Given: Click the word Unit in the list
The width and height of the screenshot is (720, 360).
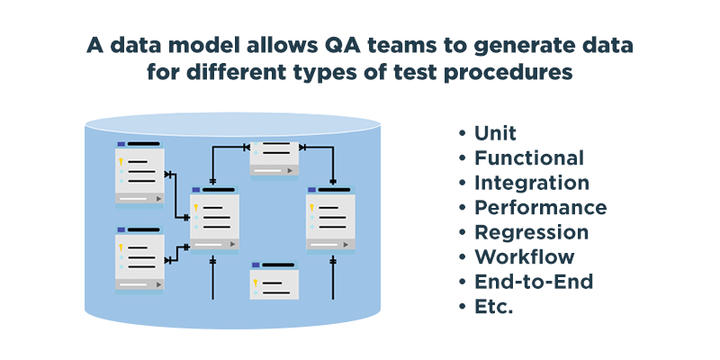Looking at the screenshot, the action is (495, 133).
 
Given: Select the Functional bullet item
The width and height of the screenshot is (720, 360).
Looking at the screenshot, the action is (529, 158).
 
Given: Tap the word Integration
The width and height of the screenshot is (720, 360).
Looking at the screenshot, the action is (532, 183).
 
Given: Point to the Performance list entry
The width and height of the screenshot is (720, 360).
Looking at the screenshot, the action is (541, 207).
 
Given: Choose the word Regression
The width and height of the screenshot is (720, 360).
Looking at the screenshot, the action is (531, 232).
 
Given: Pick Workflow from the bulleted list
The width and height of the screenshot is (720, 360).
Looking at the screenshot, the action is (524, 256).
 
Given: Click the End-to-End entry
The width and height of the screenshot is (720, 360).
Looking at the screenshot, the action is (534, 282).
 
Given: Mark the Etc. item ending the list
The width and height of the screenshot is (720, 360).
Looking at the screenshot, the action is (493, 306).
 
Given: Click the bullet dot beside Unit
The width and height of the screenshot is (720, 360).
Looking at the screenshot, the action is (462, 133).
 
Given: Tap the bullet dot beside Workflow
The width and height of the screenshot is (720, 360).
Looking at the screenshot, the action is (462, 257).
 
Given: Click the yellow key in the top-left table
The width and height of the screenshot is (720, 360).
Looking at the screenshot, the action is (121, 162).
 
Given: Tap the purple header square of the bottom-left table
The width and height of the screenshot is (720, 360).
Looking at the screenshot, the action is (121, 229).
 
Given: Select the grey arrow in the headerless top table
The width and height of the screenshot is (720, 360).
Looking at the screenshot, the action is (289, 170).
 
